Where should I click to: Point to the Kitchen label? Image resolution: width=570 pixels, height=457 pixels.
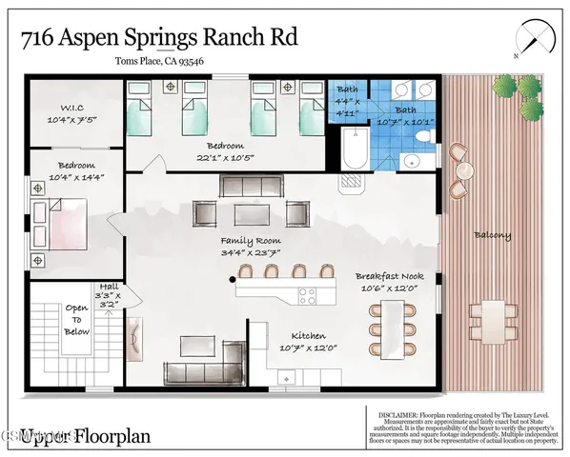304,336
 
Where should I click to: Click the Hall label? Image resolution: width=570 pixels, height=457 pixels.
106,288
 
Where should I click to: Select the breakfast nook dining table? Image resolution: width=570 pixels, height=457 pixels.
396,323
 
